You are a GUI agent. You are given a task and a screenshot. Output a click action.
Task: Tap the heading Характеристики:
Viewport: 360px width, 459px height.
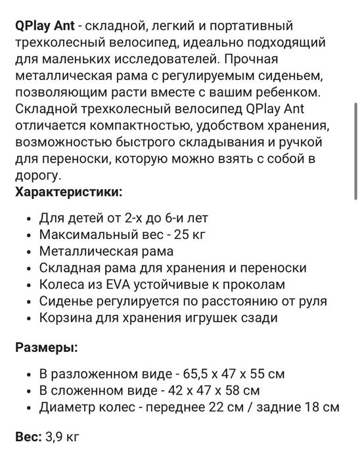click(x=68, y=191)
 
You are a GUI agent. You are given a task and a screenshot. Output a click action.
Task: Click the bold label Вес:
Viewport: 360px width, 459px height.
click(x=29, y=435)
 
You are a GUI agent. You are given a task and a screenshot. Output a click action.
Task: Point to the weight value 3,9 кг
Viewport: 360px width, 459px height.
click(x=64, y=435)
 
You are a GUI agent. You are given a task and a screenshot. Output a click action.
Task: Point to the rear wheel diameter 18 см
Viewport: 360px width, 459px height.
click(x=321, y=408)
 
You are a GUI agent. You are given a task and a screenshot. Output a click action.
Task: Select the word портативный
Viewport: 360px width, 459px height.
click(x=244, y=26)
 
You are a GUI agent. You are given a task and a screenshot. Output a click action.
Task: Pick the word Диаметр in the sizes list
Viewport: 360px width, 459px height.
click(x=66, y=408)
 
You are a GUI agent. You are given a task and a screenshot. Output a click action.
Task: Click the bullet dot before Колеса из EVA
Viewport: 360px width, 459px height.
click(x=26, y=285)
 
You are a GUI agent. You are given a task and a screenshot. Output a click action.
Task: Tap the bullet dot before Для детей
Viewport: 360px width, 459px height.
click(x=26, y=217)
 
